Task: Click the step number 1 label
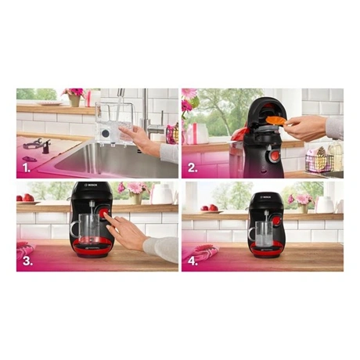click(x=27, y=168)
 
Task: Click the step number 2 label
click(x=193, y=168)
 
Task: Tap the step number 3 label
click(x=27, y=261)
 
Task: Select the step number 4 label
click(x=193, y=261)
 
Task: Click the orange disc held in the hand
click(x=275, y=121)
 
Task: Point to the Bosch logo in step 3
click(x=92, y=185)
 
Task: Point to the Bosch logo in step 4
click(x=267, y=197)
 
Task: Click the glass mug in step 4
click(x=263, y=234)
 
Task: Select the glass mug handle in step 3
click(x=75, y=229)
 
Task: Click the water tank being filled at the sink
click(x=114, y=124)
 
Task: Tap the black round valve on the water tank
click(x=106, y=134)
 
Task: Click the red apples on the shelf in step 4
click(x=210, y=208)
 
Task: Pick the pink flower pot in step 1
click(x=74, y=101)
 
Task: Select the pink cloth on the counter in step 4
click(x=201, y=253)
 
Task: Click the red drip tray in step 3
click(x=92, y=248)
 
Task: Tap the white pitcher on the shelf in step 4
click(x=325, y=205)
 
